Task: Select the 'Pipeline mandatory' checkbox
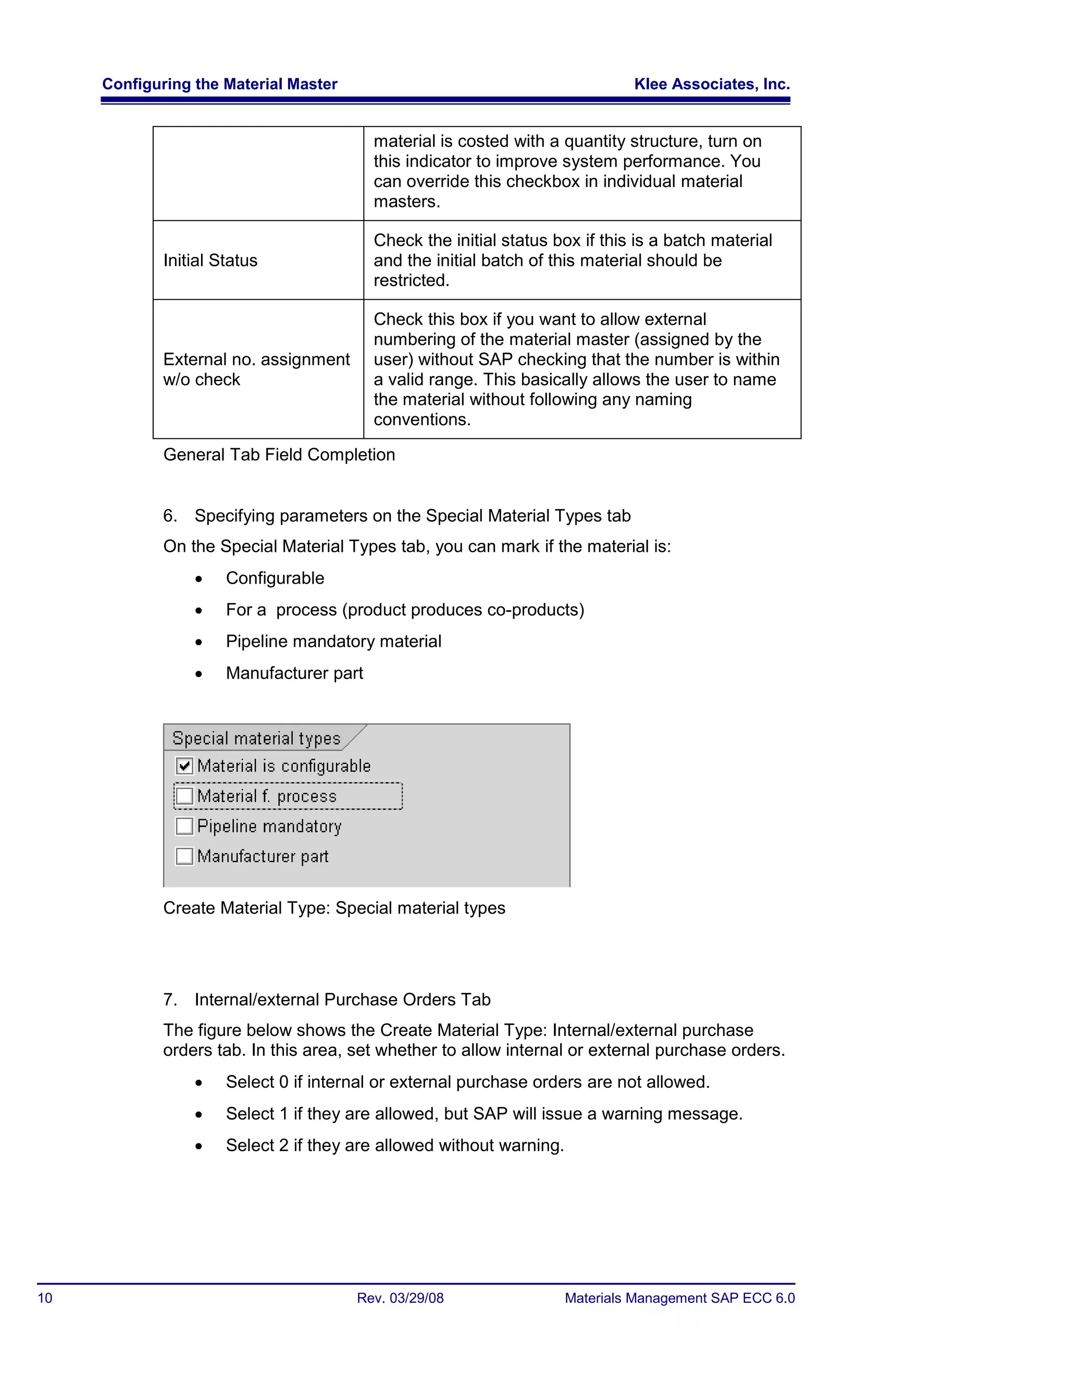[x=184, y=826]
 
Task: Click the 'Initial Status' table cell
[x=210, y=261]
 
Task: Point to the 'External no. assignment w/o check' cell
[x=256, y=369]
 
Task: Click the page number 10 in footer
[x=45, y=1298]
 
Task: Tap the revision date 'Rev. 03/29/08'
[x=400, y=1298]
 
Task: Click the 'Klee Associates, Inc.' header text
[x=712, y=84]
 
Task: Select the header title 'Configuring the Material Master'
[x=219, y=84]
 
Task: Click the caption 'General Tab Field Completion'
[x=279, y=454]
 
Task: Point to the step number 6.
[x=169, y=516]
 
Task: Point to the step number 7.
[x=169, y=1000]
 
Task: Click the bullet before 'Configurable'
[x=199, y=579]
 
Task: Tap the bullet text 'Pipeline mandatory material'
[x=333, y=641]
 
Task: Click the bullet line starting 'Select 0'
[x=468, y=1082]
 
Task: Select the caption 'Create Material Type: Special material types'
[x=334, y=908]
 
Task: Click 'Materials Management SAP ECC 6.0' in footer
[x=679, y=1298]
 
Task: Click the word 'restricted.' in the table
[x=411, y=280]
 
